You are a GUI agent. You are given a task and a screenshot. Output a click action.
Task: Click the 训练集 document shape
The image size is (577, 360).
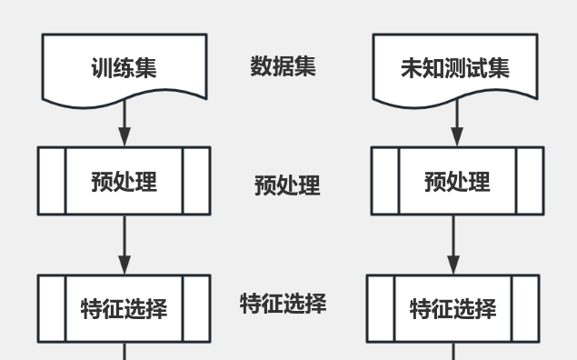coord(124,67)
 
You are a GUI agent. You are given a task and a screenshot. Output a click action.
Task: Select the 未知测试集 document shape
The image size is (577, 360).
coord(455,67)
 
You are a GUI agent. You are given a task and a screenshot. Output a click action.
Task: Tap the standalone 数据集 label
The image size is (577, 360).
coord(284,66)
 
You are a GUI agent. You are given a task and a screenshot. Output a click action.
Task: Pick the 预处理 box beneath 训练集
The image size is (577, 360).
coord(124,181)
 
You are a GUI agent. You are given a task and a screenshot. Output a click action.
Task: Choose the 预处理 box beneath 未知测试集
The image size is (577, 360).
coord(457,181)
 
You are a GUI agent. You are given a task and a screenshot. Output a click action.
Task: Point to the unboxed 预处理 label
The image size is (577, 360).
coord(287,186)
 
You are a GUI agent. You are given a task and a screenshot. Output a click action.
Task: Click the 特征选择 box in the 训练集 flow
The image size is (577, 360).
coord(124,308)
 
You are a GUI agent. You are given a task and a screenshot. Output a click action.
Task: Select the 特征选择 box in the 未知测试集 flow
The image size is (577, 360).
coord(453,308)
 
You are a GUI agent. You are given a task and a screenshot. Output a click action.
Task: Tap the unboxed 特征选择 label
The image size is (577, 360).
coord(284,303)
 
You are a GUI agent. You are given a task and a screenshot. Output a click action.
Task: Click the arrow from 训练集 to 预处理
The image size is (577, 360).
coord(124,123)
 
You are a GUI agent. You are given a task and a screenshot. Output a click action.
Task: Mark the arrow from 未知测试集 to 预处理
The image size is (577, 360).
coord(457,123)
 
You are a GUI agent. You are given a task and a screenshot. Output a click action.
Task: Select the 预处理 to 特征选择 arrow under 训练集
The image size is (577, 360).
coord(124,245)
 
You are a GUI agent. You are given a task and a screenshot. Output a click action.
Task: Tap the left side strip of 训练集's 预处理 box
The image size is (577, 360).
coord(52,181)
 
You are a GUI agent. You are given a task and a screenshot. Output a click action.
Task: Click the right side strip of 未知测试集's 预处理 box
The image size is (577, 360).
coord(530,181)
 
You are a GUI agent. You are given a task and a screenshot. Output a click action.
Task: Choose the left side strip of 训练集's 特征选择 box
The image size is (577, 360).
coord(52,308)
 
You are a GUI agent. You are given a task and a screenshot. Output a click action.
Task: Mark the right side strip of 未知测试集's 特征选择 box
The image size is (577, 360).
coord(525,308)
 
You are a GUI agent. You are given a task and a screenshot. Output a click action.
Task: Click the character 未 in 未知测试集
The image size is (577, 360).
coord(412,69)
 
